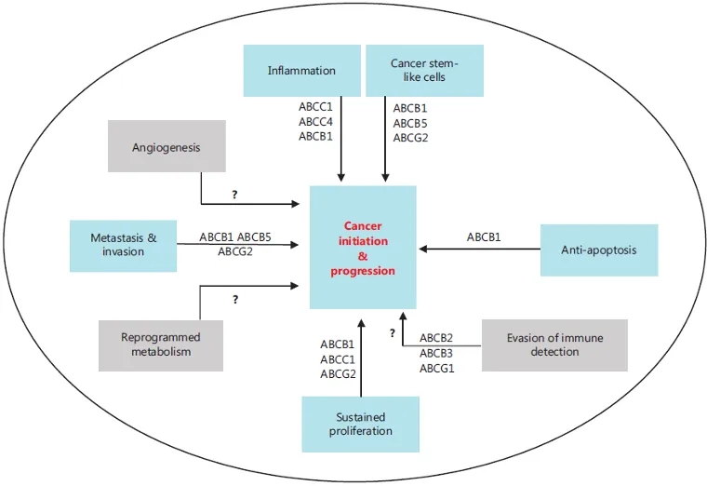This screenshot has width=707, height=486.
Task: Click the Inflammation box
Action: (301, 71)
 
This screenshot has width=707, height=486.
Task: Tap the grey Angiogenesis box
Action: (167, 146)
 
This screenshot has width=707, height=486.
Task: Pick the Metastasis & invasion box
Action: (123, 246)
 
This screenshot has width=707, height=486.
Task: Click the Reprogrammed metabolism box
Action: (160, 344)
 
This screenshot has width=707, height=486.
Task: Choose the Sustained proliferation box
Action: (360, 425)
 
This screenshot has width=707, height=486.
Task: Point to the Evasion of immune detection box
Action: (555, 344)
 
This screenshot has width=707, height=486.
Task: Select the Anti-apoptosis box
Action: (598, 250)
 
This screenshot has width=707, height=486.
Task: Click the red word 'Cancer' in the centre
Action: (363, 226)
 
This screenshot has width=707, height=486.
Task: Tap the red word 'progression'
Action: (363, 271)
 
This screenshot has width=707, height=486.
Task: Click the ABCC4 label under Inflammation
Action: (315, 121)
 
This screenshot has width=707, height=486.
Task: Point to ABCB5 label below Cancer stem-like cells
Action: (410, 123)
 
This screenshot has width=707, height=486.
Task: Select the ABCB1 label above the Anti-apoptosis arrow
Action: (484, 237)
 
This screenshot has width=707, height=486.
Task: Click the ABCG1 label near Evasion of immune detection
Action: (436, 369)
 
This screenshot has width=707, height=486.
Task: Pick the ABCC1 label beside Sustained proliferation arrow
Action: (337, 358)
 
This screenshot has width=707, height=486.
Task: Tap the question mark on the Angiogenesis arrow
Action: (235, 196)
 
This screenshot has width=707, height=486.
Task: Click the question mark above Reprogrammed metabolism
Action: (235, 300)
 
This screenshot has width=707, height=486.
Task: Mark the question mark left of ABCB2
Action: (393, 332)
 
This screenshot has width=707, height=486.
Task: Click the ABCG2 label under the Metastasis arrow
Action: (235, 250)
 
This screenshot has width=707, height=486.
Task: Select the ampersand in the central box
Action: (363, 256)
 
